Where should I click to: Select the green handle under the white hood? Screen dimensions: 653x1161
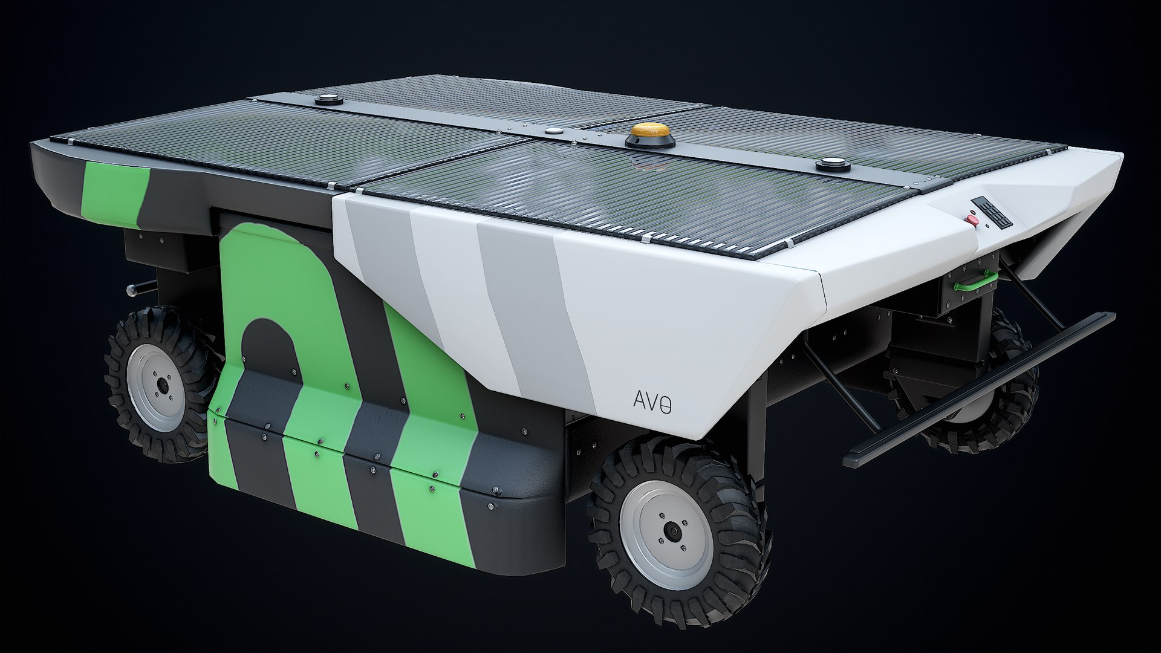[x=976, y=279]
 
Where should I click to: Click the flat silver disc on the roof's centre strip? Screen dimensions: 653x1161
[x=553, y=129]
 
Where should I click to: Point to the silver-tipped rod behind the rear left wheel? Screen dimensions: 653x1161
[x=132, y=290]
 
